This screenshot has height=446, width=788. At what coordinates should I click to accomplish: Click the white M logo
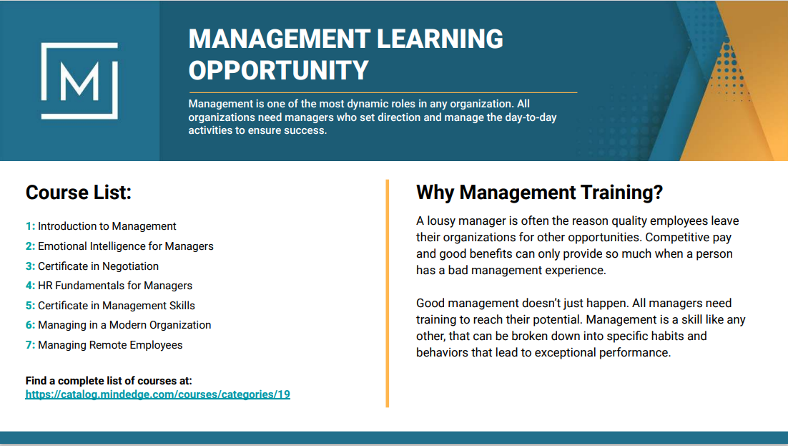coord(79,81)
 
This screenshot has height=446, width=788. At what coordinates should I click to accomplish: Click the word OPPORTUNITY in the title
coord(278,70)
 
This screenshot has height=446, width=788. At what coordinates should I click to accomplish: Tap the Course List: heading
coord(79,193)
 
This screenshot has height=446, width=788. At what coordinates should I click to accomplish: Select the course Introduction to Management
coord(107,226)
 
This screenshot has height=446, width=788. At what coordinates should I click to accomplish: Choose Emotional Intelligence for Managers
coord(126,246)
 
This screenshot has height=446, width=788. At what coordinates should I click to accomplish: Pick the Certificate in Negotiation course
coord(99,266)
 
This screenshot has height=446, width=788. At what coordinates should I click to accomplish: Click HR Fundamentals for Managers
coord(115,286)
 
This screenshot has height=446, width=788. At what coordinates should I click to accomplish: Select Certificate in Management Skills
coord(117,306)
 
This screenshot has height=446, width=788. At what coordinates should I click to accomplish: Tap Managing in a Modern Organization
coord(124,325)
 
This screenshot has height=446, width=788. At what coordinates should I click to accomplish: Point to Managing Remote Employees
coord(110,345)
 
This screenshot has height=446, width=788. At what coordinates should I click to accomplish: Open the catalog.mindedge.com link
coord(158,394)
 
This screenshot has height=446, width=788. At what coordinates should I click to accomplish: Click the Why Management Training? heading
coord(540,193)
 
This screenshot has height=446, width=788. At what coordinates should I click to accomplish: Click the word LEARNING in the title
coord(440,39)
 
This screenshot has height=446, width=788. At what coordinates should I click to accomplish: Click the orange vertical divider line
coord(388,293)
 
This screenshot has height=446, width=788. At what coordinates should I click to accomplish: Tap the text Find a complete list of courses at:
coord(109,381)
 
